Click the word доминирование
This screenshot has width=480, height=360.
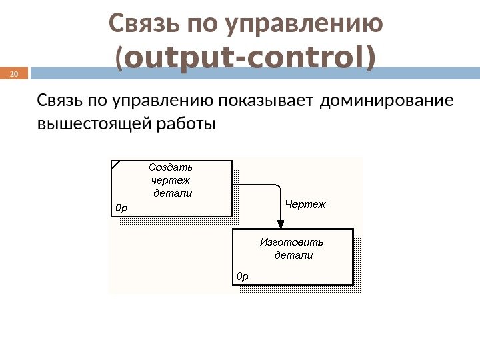click(386, 101)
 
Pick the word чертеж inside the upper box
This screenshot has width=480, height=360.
click(171, 180)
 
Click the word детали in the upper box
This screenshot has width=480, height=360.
click(173, 193)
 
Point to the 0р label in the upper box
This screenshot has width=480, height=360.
click(121, 208)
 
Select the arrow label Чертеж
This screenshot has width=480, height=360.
click(305, 205)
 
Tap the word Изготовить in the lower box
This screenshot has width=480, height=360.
click(291, 242)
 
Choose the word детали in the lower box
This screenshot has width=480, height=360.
click(294, 255)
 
